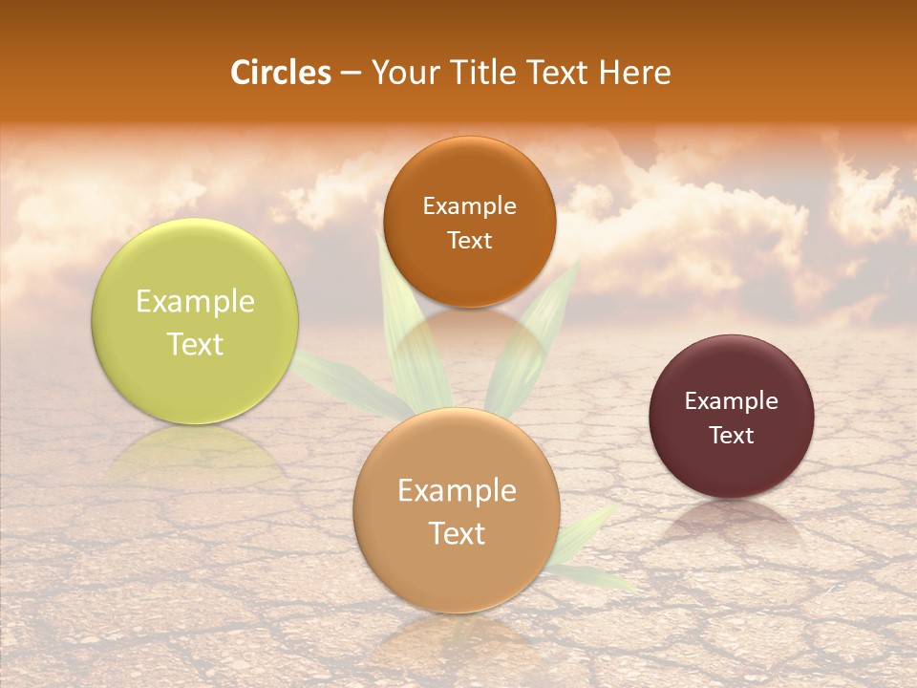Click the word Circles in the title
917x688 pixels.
[x=281, y=73]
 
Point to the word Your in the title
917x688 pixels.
[x=403, y=73]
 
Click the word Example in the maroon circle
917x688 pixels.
[x=732, y=401]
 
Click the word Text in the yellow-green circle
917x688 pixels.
[x=195, y=344]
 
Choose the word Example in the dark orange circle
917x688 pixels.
[x=469, y=206]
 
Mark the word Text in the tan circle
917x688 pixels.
[x=457, y=533]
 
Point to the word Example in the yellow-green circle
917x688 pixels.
[x=195, y=302]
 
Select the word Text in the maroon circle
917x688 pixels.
[x=732, y=436]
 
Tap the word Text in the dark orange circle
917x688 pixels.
[x=469, y=241]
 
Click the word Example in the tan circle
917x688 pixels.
[x=457, y=491]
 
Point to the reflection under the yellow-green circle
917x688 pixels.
[x=195, y=454]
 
